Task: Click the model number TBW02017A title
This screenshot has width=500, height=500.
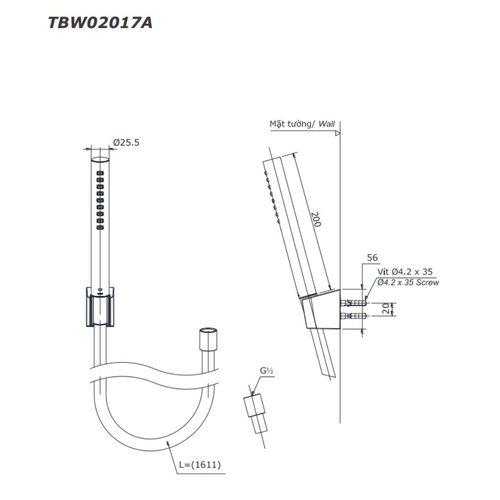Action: click(x=100, y=23)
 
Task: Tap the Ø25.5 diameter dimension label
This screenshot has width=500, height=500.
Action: click(x=126, y=142)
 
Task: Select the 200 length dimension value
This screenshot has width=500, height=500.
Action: click(x=315, y=218)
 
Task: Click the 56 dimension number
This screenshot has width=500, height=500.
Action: click(x=372, y=257)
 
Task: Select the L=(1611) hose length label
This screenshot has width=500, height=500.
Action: click(x=199, y=464)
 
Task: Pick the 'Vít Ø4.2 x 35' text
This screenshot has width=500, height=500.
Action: click(x=405, y=271)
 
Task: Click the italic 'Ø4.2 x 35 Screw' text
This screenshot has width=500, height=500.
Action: click(x=408, y=282)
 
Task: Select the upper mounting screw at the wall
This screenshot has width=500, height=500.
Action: click(x=354, y=303)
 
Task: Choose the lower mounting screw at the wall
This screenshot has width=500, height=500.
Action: click(x=354, y=315)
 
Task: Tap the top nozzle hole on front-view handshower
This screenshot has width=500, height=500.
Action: click(x=100, y=173)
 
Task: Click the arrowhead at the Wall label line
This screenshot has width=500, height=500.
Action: click(x=337, y=133)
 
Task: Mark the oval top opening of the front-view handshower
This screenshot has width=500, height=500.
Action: click(x=100, y=160)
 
